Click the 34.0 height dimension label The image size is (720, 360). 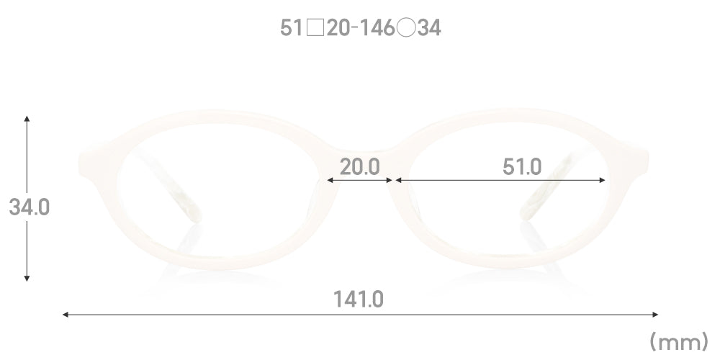coord(30,207)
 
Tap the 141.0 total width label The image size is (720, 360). coord(358,300)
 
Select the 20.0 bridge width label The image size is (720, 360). coord(359,167)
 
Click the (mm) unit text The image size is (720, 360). coord(679,342)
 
